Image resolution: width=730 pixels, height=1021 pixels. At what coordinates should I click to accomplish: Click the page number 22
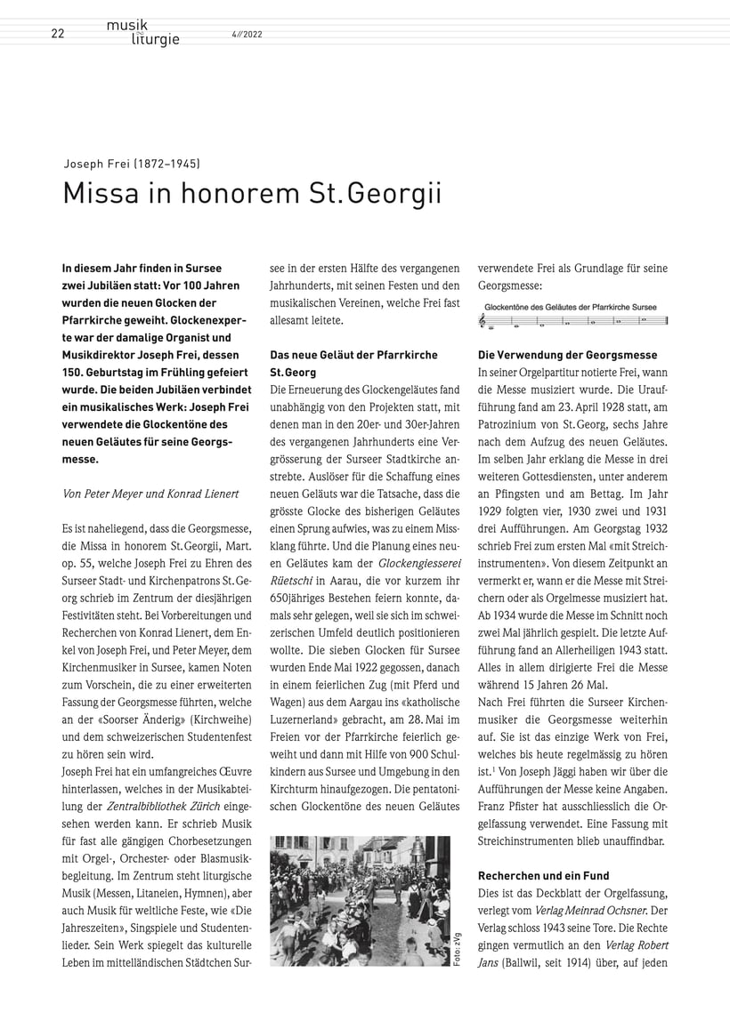click(x=58, y=35)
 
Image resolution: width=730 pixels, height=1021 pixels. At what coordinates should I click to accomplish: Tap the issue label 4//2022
click(x=247, y=35)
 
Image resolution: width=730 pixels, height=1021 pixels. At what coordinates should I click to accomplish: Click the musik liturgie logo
click(x=142, y=32)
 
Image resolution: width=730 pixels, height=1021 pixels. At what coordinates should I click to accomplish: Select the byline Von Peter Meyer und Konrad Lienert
click(x=150, y=494)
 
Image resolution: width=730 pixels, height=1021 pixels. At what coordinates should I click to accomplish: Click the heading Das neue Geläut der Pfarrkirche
click(x=353, y=355)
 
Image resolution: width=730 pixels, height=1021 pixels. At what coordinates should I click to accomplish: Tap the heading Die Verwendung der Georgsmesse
click(x=567, y=355)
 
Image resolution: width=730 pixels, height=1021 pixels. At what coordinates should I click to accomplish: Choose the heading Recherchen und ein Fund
click(x=543, y=875)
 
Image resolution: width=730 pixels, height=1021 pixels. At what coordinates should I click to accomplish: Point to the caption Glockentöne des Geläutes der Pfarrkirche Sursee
click(x=570, y=307)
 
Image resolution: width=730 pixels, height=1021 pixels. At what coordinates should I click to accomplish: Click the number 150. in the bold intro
click(x=76, y=390)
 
